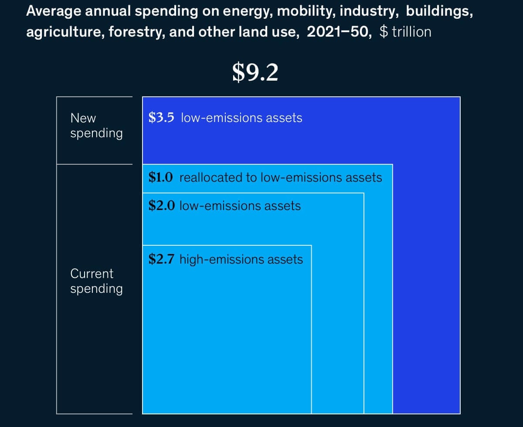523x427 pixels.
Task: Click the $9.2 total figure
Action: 255,72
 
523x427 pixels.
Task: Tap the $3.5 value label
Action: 161,118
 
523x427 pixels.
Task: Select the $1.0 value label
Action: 161,177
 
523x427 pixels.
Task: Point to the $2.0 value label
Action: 161,205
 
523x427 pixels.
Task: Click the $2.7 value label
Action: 161,260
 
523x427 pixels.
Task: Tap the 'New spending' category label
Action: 96,125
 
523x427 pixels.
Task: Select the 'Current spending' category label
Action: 96,281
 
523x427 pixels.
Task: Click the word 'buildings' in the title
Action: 439,12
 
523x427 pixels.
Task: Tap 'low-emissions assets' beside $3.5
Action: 241,118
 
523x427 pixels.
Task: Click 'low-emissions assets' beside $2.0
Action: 240,205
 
